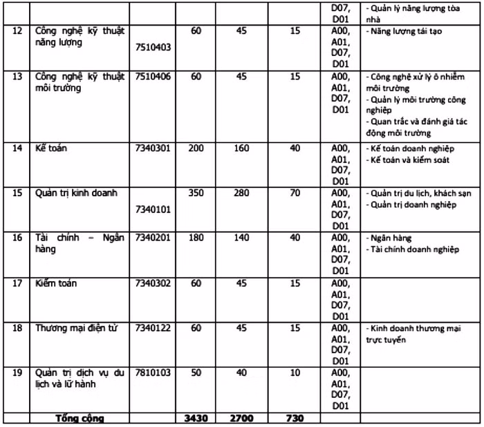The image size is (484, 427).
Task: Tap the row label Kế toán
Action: (50, 149)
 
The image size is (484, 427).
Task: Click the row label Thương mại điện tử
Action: (76, 328)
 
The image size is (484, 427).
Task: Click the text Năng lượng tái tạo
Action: (406, 32)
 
